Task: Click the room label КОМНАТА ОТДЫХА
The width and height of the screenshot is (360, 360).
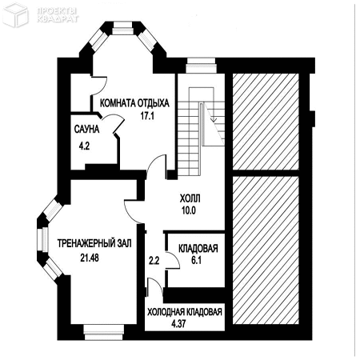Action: [134, 103]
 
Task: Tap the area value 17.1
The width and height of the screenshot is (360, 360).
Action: [147, 116]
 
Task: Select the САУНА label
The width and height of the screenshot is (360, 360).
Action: [86, 129]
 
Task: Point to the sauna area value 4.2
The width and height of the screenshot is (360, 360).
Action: [84, 146]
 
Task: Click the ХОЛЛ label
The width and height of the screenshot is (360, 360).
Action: [190, 198]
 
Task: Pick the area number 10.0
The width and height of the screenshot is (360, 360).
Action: [189, 210]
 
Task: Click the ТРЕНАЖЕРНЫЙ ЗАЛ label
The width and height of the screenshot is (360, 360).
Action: [94, 243]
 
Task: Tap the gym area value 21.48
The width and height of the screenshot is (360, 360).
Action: [90, 258]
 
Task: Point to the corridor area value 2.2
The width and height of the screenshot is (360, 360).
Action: [154, 260]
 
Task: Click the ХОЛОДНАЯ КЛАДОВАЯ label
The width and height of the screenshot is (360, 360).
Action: [185, 312]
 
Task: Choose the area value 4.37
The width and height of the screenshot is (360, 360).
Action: [178, 324]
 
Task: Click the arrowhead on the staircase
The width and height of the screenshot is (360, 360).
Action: [214, 120]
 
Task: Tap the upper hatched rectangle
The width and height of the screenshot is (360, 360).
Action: [266, 122]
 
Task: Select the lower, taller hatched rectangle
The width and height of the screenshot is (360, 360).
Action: [266, 250]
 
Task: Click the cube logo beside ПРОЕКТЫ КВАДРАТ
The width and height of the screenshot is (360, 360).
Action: [15, 14]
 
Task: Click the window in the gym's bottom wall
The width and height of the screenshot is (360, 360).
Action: [104, 332]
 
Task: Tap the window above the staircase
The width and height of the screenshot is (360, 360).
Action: [201, 65]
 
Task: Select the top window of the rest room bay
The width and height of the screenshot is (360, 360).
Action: [122, 28]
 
